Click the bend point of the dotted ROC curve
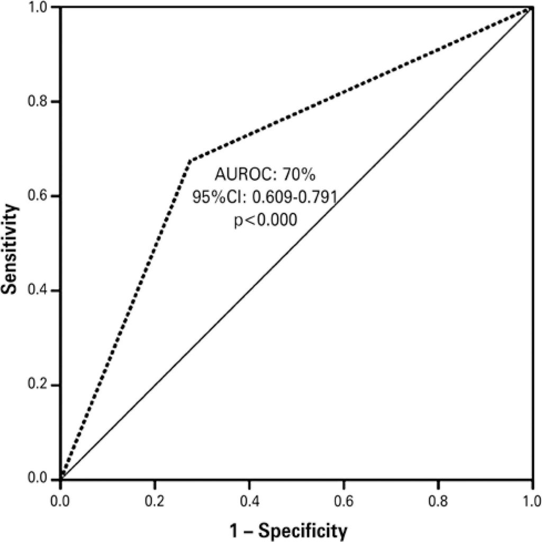pyautogui.click(x=189, y=160)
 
